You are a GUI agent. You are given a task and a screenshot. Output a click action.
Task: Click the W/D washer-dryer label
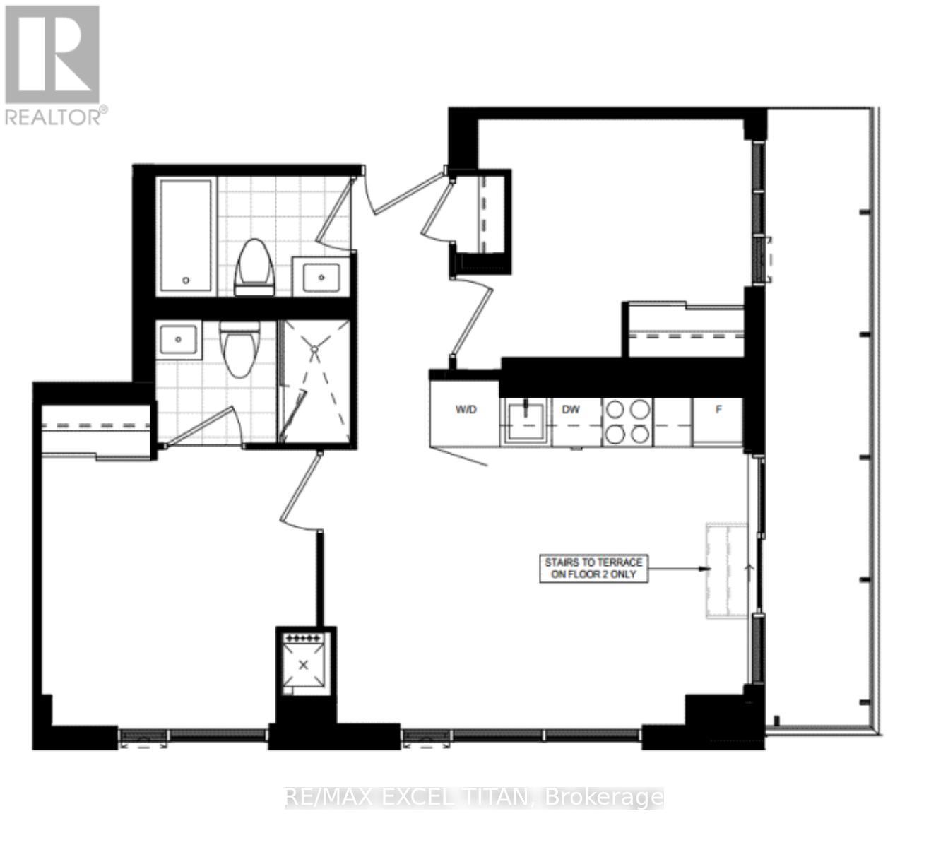pos(465,410)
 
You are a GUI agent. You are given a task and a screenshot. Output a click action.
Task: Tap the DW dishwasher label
pos(571,410)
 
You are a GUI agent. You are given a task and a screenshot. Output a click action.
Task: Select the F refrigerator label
pos(718,410)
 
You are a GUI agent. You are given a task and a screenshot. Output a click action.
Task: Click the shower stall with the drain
pos(315,382)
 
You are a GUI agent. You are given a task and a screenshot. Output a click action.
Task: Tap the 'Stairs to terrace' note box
pos(593,568)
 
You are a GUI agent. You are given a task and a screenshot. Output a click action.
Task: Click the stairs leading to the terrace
pos(727,571)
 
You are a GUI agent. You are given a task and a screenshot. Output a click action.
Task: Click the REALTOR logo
pos(53,65)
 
